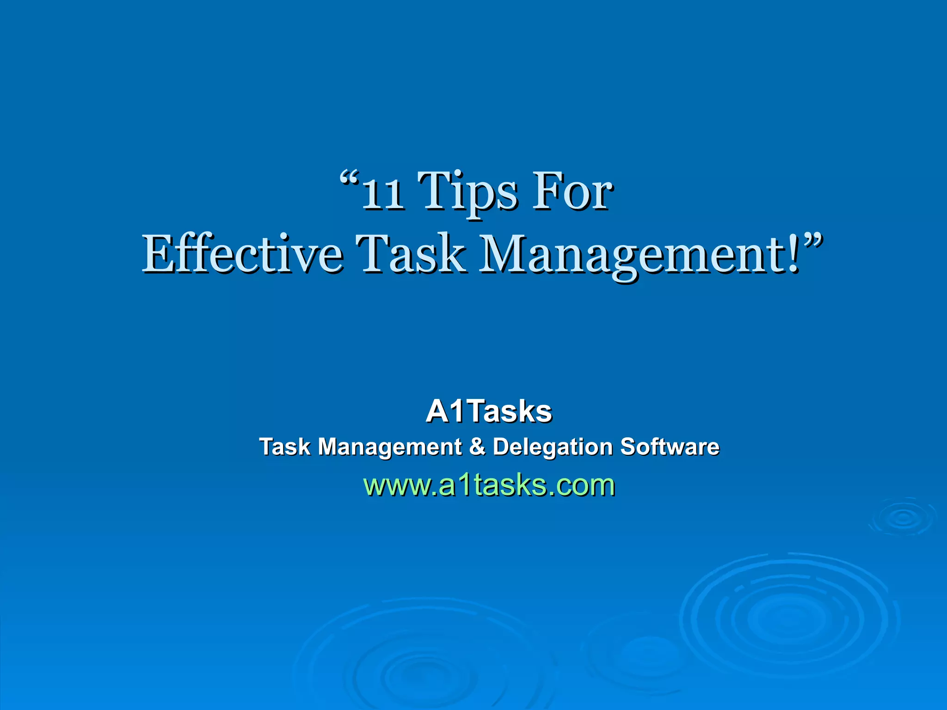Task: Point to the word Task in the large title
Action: [x=410, y=254]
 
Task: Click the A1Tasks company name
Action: [x=489, y=411]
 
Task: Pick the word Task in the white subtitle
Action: [x=284, y=447]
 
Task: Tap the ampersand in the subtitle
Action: [x=477, y=447]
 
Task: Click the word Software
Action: [x=670, y=447]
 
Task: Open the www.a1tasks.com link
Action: [x=489, y=485]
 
